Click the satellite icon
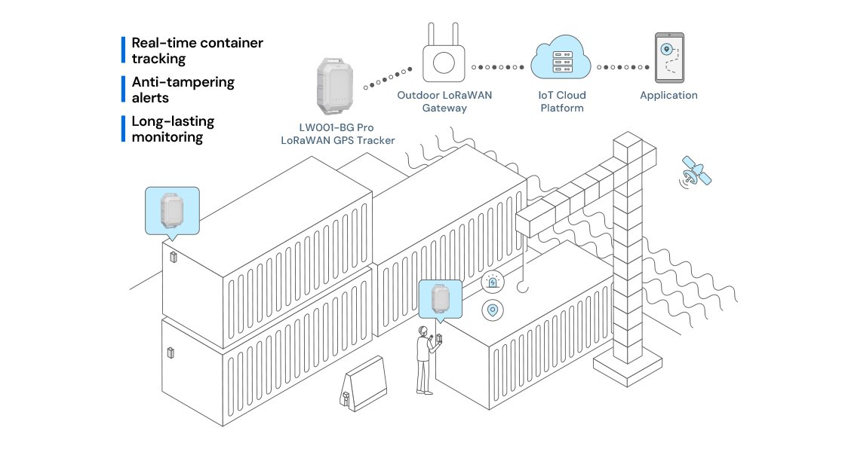696,172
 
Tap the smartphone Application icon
669,57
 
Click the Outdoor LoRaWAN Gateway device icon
444,53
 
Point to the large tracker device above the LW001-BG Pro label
335,86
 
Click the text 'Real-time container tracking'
197,50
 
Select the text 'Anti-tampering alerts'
183,90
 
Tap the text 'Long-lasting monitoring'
173,129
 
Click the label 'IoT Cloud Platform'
562,102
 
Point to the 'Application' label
668,95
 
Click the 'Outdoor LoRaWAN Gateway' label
444,102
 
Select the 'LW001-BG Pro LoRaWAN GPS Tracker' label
338,134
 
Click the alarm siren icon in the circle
493,282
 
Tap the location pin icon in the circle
493,310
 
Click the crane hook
523,288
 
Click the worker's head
423,331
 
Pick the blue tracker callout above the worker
441,301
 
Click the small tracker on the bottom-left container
171,353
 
